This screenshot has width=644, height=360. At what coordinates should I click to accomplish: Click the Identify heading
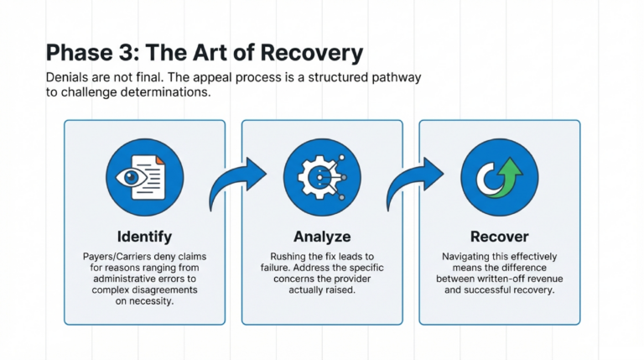coord(144,236)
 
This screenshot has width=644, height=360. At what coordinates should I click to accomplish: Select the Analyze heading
coord(322,236)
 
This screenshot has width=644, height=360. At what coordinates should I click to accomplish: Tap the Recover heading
coord(500,236)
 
